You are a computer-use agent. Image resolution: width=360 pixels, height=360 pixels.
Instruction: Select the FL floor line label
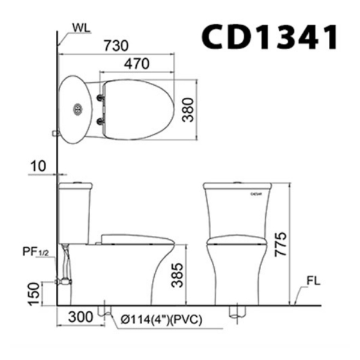coord(312,280)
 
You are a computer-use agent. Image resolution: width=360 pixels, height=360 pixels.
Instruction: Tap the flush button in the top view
coord(76,109)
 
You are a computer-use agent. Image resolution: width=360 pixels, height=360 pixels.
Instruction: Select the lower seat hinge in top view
coord(100,122)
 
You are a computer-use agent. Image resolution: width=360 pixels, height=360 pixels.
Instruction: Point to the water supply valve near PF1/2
coord(62,280)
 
